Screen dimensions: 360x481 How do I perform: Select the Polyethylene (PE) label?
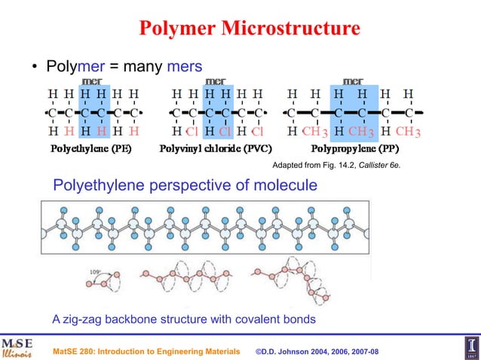pyautogui.click(x=90, y=148)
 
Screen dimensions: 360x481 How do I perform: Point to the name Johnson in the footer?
pyautogui.click(x=299, y=352)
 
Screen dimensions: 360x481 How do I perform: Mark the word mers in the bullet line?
pyautogui.click(x=185, y=66)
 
